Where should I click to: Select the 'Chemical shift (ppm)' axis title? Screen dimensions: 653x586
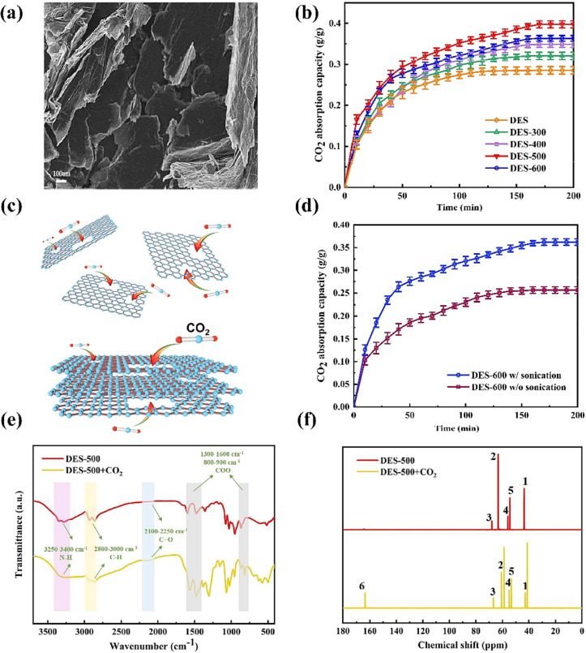pos(462,643)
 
